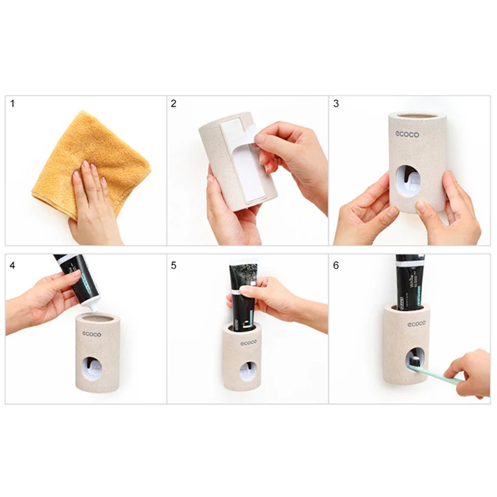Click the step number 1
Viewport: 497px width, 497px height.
point(12,104)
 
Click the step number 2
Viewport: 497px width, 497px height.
point(174,104)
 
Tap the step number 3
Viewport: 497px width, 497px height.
point(336,104)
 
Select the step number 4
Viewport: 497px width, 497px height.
point(12,265)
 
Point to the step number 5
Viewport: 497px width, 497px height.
point(174,265)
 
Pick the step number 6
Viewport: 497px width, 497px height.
point(336,265)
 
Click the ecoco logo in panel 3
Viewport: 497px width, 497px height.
point(408,134)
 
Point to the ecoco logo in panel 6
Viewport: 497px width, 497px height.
point(417,324)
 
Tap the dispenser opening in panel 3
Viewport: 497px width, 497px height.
point(408,180)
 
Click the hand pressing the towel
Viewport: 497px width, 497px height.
point(93,199)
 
